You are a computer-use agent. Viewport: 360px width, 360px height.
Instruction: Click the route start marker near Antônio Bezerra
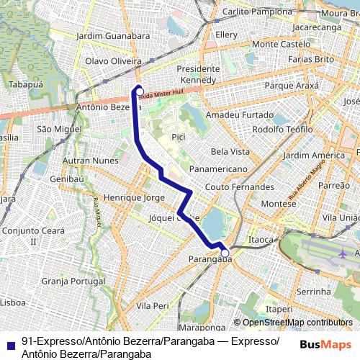tap(140, 91)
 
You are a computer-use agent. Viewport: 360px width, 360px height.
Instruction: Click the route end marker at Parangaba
tap(225, 253)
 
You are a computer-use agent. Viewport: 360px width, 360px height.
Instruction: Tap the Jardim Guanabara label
tap(112, 35)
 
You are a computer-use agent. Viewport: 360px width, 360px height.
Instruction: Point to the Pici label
tap(179, 135)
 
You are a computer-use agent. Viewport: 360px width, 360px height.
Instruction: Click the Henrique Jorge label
tap(135, 197)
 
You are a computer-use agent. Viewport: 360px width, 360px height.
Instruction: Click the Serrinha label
tap(312, 291)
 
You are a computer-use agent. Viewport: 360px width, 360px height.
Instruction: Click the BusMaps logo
tap(325, 344)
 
